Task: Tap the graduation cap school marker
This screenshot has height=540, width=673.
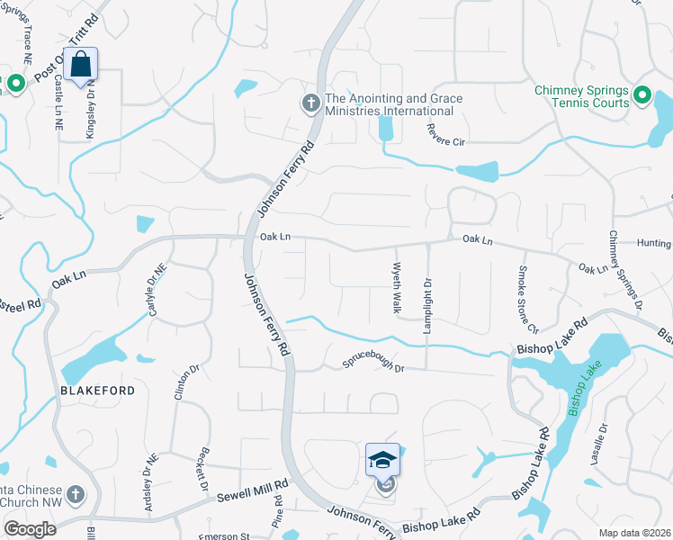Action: click(382, 460)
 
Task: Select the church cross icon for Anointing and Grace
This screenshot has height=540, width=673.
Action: click(310, 103)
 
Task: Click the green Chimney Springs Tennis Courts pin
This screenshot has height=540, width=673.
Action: click(642, 95)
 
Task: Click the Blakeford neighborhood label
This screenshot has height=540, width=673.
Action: click(98, 391)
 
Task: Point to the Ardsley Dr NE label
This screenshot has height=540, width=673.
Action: click(148, 486)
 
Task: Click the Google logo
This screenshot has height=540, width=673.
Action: click(30, 529)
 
